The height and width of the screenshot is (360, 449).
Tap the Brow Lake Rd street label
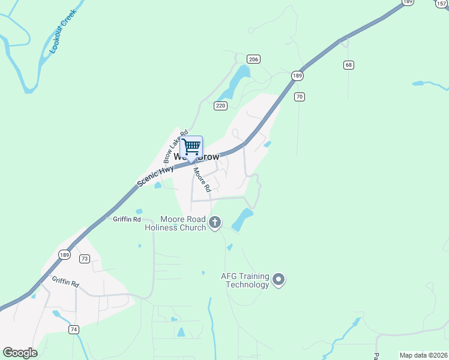point(176,146)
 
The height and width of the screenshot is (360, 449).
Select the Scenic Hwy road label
point(155,174)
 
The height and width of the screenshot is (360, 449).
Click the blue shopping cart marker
point(191,147)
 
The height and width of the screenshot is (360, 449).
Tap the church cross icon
point(215,223)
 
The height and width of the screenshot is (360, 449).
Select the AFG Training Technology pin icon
point(279,279)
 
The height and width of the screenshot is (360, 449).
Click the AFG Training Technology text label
point(245,280)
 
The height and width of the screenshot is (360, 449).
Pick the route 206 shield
point(253,59)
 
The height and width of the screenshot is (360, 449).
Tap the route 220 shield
point(220,106)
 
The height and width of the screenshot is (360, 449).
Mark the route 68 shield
point(348,64)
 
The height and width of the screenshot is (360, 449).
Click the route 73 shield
point(84,259)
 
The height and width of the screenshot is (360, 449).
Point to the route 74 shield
point(74,329)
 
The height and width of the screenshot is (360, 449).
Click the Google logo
point(20,353)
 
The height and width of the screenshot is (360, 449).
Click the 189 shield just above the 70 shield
point(297,76)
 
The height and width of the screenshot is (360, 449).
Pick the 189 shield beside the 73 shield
point(64,255)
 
